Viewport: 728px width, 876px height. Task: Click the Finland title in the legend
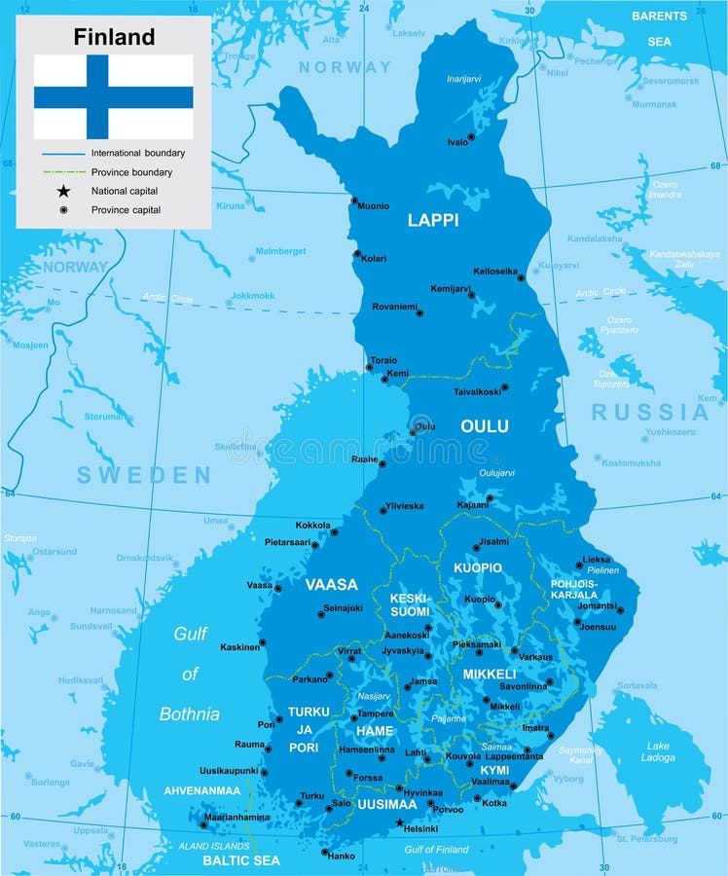point(114,37)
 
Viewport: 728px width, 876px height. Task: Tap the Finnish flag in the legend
point(114,97)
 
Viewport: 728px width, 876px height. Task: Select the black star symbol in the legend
point(63,191)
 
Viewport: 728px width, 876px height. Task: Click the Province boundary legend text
point(131,172)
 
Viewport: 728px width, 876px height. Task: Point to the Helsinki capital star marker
point(399,822)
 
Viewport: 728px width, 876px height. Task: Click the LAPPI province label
point(432,220)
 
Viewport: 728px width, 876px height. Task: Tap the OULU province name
point(484,426)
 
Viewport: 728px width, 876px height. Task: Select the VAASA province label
point(331,585)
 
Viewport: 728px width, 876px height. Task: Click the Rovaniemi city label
point(394,307)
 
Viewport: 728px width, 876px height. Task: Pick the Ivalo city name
point(457,142)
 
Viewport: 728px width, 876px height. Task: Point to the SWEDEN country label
point(144,475)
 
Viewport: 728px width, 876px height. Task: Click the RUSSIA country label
point(650,411)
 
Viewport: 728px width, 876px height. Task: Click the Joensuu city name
point(598,627)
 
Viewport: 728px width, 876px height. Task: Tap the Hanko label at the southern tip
point(342,857)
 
